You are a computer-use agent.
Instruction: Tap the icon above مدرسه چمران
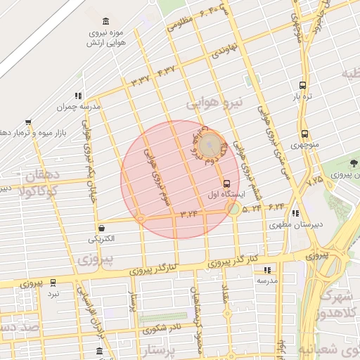tap(78, 96)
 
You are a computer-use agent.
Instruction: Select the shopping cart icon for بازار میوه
tap(28, 122)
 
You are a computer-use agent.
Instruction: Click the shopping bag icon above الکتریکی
tap(103, 228)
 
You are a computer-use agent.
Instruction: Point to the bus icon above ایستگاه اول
tap(226, 183)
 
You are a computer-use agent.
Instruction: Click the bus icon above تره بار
tap(303, 83)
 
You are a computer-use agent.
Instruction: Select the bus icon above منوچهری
tap(304, 134)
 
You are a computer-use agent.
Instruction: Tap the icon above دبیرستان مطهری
tap(295, 213)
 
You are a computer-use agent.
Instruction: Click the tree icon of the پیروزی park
tap(353, 162)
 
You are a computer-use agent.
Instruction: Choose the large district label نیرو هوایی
tap(214, 103)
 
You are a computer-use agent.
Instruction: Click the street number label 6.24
tap(276, 207)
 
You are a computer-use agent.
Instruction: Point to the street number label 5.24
tap(252, 208)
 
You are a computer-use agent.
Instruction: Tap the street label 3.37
tap(139, 81)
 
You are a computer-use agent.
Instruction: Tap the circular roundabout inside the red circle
tap(208, 146)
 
